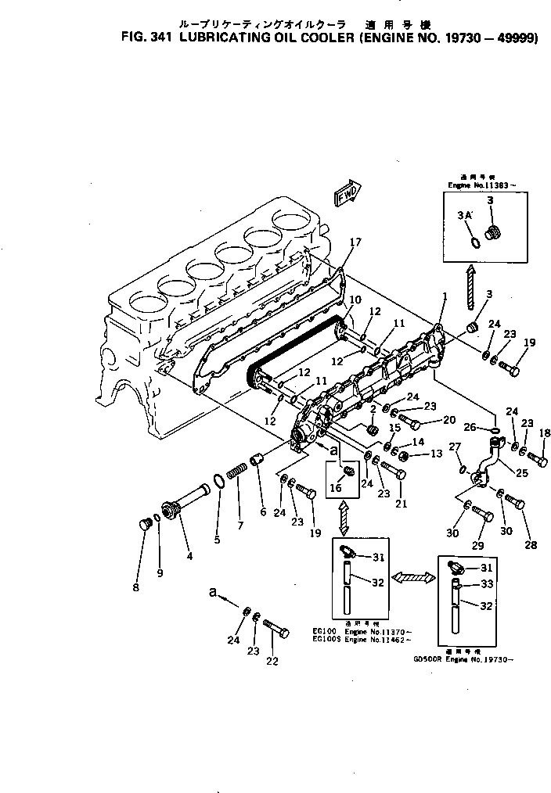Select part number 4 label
pos(189,556)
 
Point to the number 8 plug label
pos(135,587)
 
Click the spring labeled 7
pos(236,474)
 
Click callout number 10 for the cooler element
pos(355,300)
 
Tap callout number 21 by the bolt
pos(401,504)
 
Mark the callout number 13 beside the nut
pos(435,454)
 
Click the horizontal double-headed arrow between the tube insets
pos(412,577)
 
